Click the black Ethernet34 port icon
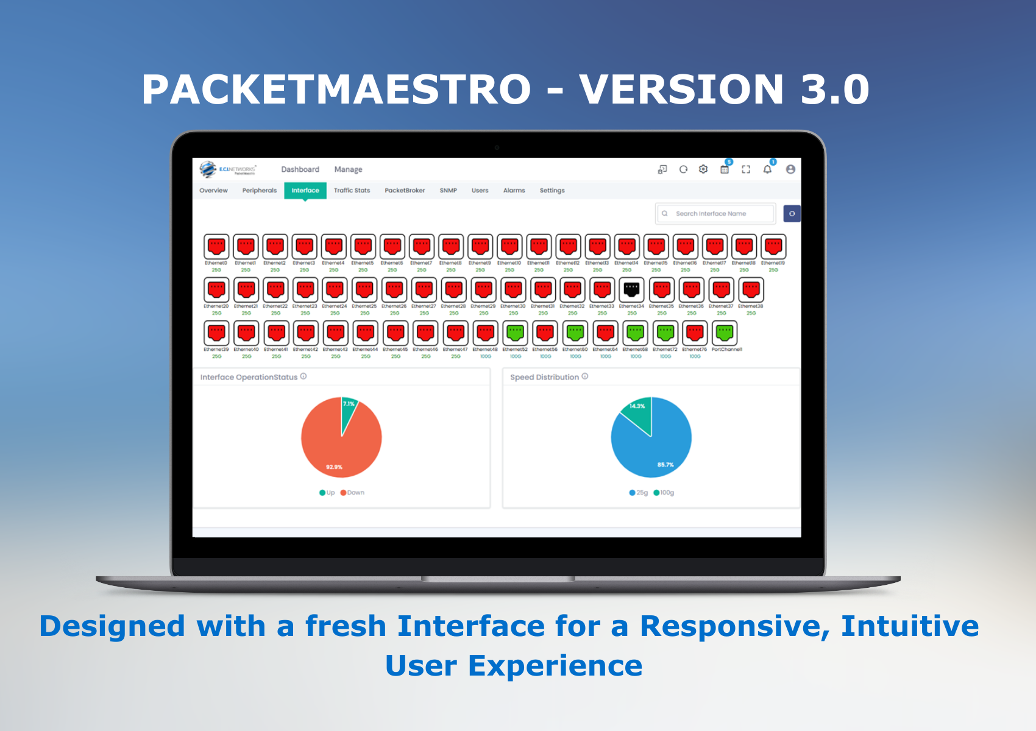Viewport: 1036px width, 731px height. (631, 289)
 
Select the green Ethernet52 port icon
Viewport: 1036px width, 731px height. (516, 333)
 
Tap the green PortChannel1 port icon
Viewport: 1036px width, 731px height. (725, 333)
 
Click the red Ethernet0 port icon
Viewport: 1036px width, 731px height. (216, 246)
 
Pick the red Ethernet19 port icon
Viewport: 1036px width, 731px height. (773, 246)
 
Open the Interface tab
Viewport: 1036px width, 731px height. (305, 191)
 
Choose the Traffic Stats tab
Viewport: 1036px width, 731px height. (352, 191)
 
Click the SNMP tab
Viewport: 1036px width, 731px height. (448, 191)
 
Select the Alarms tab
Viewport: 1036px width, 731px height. (514, 191)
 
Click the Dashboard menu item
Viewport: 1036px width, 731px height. (300, 169)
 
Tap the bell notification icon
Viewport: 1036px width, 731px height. (767, 169)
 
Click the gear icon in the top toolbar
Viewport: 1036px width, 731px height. (703, 169)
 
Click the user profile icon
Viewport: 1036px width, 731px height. (790, 169)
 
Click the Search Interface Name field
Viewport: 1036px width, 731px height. (716, 214)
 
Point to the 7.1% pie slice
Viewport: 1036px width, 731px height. (348, 409)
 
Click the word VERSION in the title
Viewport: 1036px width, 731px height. (681, 90)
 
